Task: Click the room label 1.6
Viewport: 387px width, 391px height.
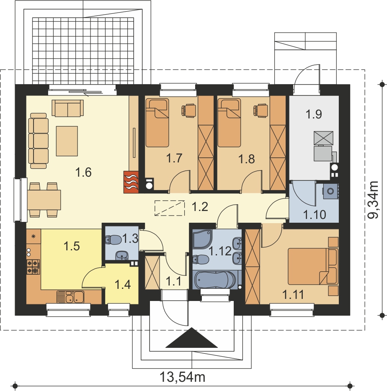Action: [x=83, y=172]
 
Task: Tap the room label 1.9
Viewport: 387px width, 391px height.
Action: [x=314, y=114]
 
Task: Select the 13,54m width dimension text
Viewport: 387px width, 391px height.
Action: [x=183, y=377]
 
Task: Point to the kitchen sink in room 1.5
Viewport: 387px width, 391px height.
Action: [x=70, y=297]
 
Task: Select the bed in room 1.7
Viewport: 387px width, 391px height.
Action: [x=157, y=122]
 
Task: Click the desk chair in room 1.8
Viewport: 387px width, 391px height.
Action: [x=260, y=110]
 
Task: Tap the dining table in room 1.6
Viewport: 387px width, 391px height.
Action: [x=44, y=200]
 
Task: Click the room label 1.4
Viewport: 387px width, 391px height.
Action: [x=123, y=285]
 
